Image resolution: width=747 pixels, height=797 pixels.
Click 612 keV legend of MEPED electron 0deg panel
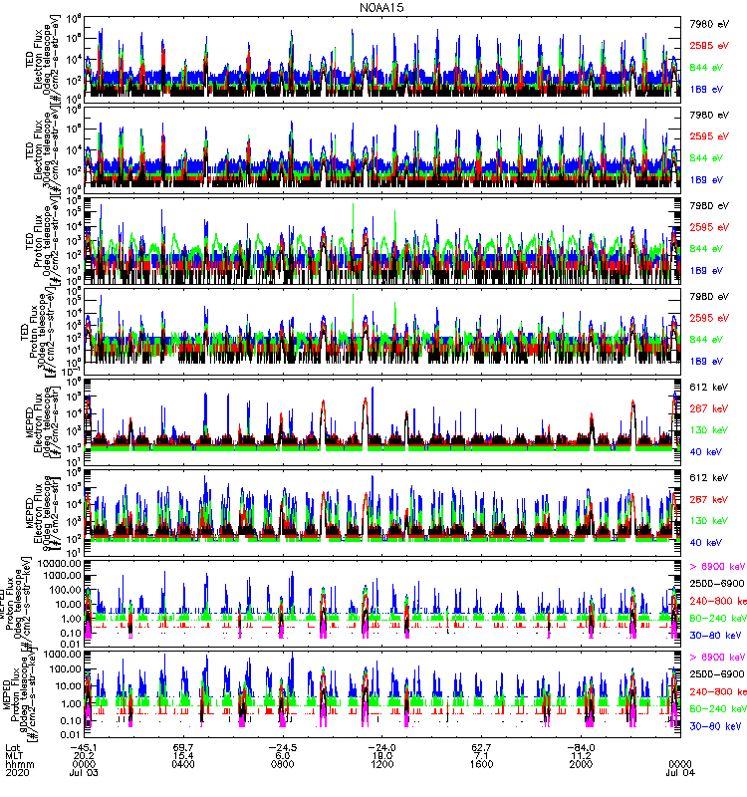[706, 386]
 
